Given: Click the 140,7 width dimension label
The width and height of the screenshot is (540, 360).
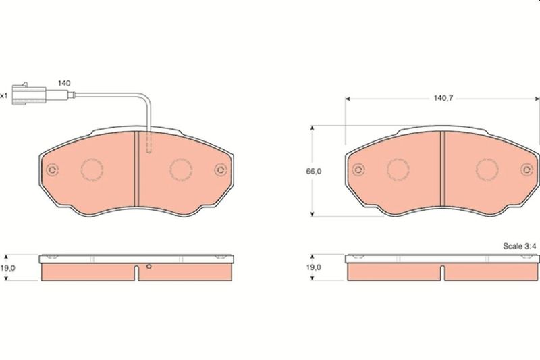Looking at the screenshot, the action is point(443,98).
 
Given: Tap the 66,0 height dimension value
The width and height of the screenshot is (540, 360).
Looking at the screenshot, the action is point(314,171).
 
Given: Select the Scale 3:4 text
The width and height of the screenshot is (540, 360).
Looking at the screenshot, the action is point(520,246).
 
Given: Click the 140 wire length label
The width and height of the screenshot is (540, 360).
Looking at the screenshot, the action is point(64,83).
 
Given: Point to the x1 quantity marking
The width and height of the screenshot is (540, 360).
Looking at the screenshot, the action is point(3,95).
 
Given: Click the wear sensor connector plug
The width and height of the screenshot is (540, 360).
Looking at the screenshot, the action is point(29,94).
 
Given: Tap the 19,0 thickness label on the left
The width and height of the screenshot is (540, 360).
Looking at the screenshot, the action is point(7,268).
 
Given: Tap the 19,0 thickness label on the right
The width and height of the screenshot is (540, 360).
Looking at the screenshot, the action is point(314,267).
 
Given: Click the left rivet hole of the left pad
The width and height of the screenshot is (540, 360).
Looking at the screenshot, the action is point(53,170).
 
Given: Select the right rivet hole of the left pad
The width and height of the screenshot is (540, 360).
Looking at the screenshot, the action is point(221,170).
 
